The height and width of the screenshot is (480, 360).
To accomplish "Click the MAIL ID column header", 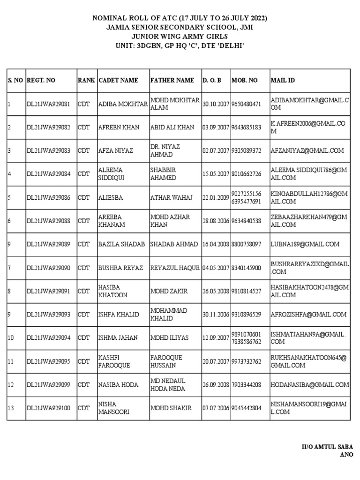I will (x=283, y=80).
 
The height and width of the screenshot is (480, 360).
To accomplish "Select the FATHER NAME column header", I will (x=172, y=80).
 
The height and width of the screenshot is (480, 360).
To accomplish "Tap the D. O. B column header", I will (x=212, y=80).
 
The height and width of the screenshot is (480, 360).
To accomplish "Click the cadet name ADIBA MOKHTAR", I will (x=123, y=104).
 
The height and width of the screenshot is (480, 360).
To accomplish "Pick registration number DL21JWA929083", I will (x=48, y=151).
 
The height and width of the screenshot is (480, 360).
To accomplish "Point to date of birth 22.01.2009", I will (x=216, y=198).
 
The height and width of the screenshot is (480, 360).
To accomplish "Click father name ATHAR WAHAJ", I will (x=172, y=198).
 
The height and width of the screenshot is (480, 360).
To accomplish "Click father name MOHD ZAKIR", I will (x=169, y=292).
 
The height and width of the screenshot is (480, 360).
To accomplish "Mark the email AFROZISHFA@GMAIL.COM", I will (x=308, y=315).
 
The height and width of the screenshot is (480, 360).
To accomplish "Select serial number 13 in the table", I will (x=11, y=408).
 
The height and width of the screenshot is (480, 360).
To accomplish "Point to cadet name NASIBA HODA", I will (x=118, y=385).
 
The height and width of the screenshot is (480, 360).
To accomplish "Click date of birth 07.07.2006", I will (x=216, y=408).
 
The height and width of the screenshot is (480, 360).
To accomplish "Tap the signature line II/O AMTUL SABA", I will (x=327, y=447).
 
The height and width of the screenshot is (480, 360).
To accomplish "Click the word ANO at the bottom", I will (x=346, y=454).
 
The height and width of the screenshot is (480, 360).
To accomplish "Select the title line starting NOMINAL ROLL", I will (x=180, y=18).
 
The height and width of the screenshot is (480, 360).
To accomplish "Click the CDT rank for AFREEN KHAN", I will (x=83, y=127).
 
